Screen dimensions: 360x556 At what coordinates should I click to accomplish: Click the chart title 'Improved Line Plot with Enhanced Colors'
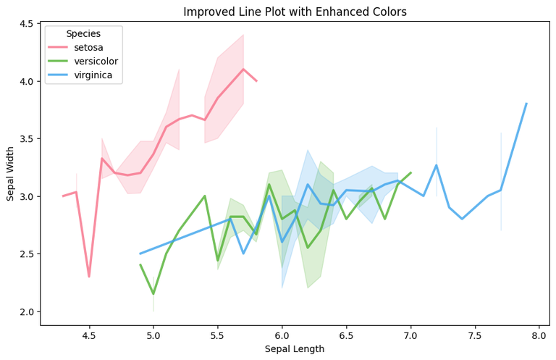295,12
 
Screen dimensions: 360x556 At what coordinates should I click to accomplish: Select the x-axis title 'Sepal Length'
294,349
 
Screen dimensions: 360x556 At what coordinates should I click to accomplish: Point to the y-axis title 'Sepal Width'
11,174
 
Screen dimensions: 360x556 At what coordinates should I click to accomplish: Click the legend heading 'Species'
83,34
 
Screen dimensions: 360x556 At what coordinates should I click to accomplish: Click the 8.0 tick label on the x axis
539,336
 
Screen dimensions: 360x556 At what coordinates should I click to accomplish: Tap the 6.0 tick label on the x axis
282,336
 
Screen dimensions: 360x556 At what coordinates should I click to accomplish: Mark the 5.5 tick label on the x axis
217,336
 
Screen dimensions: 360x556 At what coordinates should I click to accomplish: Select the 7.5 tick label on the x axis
475,336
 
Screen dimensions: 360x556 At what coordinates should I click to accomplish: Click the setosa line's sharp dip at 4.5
89,277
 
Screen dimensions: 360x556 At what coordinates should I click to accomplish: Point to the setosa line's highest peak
243,70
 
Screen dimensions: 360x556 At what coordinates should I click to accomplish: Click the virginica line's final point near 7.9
526,104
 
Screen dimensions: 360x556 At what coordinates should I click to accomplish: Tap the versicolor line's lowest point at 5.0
153,294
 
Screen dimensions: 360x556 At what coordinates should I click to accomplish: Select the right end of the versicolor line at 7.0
410,173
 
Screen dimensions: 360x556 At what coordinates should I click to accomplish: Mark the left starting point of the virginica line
140,254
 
